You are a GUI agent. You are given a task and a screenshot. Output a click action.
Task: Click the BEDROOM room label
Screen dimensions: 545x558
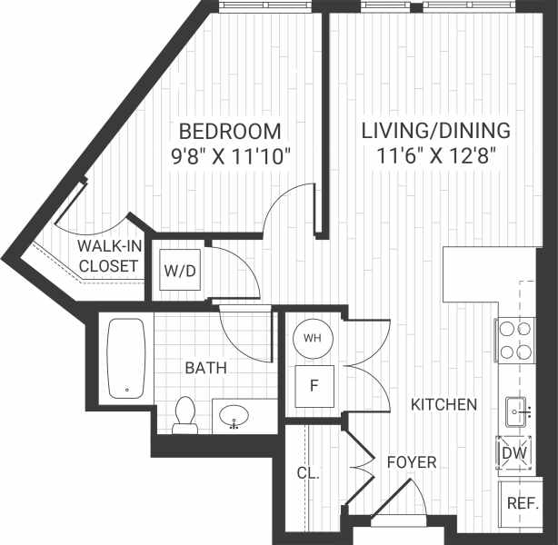click(229, 130)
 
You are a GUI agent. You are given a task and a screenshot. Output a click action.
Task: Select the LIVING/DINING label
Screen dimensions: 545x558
click(435, 130)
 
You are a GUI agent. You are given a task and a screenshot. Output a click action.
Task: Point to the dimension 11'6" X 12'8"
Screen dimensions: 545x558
click(435, 154)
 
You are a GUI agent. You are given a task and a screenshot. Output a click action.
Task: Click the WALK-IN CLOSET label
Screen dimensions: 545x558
click(108, 256)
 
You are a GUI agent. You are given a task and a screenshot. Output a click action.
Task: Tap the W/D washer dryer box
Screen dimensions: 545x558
click(179, 270)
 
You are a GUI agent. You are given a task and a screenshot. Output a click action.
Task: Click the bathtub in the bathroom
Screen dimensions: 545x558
click(126, 358)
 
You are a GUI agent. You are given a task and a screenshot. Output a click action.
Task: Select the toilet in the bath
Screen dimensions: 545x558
click(185, 414)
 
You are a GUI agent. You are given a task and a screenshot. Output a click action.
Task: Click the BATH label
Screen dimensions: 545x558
click(205, 368)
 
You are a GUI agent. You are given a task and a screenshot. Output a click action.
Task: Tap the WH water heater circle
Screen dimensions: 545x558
click(313, 338)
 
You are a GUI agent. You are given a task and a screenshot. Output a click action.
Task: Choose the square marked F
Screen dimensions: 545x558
click(314, 386)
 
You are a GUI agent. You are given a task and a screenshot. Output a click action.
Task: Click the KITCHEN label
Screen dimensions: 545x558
click(443, 404)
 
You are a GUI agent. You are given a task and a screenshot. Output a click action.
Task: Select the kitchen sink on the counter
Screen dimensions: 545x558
click(519, 411)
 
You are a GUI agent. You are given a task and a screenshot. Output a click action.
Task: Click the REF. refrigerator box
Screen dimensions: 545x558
click(522, 502)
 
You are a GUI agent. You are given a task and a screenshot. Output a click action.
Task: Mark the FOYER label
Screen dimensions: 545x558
click(412, 462)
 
